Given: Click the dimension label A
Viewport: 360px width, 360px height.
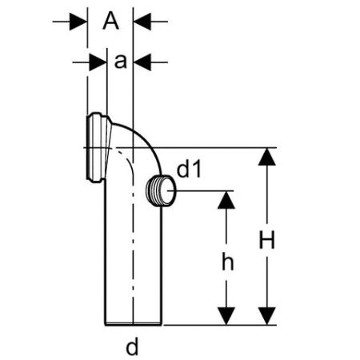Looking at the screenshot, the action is click(x=110, y=21).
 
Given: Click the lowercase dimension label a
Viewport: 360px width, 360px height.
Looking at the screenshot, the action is click(x=120, y=62).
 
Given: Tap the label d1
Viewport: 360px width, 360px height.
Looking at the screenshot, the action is click(x=189, y=170).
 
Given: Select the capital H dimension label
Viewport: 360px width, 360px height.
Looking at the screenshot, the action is click(x=266, y=240).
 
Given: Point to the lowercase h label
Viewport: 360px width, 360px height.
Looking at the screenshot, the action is click(x=228, y=262).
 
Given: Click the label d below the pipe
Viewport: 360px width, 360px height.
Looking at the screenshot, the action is click(x=132, y=346).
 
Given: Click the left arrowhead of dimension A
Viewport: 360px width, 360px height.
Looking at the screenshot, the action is click(x=78, y=22).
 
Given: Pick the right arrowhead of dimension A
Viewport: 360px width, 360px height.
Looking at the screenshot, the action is click(x=142, y=22).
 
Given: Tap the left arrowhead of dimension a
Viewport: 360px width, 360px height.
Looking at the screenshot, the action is click(x=98, y=62).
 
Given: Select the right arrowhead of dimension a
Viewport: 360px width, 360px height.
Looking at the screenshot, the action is click(x=142, y=62).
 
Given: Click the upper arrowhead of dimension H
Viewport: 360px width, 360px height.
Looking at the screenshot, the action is click(x=267, y=157).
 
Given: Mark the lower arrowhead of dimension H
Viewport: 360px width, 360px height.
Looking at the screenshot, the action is click(x=267, y=316).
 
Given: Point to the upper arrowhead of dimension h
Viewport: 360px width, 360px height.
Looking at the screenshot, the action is click(x=226, y=200).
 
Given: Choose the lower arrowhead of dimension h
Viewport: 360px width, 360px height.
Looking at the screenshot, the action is click(x=226, y=316).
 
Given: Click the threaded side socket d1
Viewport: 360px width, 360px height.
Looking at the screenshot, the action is click(x=161, y=190).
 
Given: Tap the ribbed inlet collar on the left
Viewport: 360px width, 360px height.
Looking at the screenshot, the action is click(x=98, y=147).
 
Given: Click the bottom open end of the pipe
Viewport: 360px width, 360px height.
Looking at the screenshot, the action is click(x=133, y=325).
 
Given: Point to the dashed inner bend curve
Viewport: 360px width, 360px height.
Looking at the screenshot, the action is click(x=126, y=159).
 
